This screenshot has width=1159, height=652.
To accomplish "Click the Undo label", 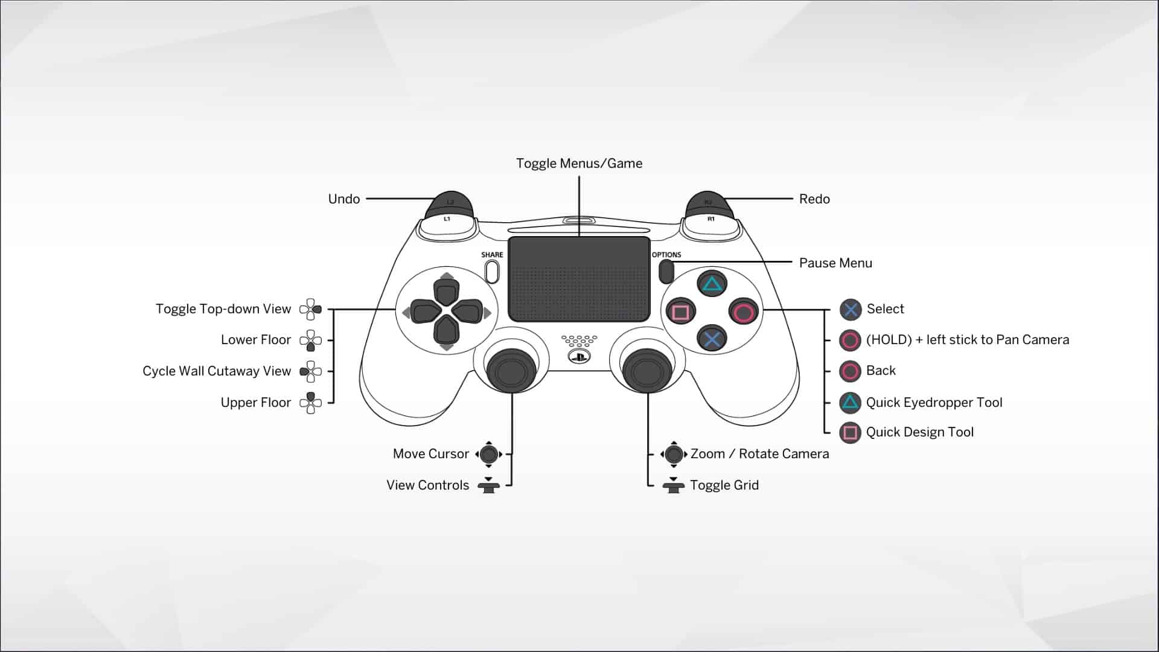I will point(343,199).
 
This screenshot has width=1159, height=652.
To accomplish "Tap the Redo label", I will point(814,199).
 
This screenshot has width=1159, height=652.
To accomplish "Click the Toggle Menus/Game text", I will point(579,164).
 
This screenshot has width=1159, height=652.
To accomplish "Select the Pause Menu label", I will point(835,263).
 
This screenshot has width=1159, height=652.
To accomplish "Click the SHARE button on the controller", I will point(492,271).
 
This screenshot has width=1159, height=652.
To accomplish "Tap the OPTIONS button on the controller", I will point(666,271).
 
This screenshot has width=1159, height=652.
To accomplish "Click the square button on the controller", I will point(681,312).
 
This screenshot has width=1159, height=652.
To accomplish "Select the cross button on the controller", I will point(712,339).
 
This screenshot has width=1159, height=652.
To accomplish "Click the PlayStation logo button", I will point(579,357).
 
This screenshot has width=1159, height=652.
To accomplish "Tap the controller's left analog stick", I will point(511,369).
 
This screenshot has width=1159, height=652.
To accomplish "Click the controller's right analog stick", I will point(647,369).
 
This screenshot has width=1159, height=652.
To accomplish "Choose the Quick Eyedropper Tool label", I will point(934,403).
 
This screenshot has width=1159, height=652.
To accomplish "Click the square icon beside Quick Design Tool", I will point(850,433).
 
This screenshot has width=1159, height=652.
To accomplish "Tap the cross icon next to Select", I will point(851,310).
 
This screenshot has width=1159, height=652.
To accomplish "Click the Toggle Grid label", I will point(724,485).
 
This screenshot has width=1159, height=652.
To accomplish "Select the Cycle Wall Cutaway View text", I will point(217,371).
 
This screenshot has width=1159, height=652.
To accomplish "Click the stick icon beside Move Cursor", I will point(489,454).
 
